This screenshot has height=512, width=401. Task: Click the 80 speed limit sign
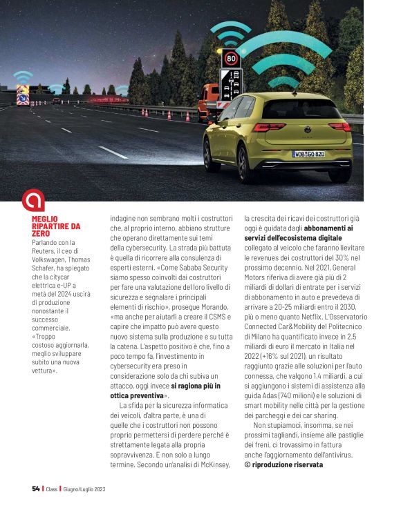coord(231,58)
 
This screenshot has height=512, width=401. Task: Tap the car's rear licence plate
coord(308,154)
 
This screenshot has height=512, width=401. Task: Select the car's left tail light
coord(268,127)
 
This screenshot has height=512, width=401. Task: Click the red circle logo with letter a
coord(33,200)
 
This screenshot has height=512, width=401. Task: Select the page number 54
coord(35,489)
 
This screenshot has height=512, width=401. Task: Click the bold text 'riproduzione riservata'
coord(287,464)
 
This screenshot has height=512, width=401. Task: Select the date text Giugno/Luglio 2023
coord(83,489)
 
